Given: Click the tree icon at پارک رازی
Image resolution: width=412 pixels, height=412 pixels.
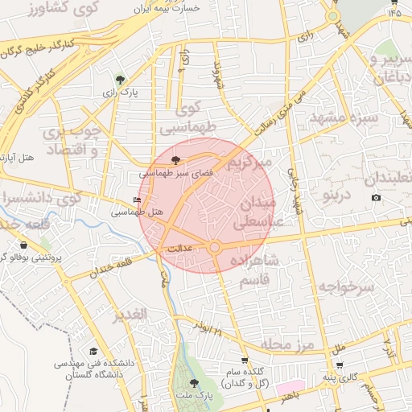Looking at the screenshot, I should [120, 79].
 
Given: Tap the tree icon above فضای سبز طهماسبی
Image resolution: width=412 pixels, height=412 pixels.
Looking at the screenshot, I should [176, 160].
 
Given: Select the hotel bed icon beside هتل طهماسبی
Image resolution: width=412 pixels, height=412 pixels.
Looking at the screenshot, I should [136, 200].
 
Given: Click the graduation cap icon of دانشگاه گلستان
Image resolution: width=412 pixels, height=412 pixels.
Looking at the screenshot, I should [93, 352].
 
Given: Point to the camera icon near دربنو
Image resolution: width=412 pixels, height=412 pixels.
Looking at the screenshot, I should [376, 198].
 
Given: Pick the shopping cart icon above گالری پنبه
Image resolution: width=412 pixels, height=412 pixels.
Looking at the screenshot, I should [340, 365].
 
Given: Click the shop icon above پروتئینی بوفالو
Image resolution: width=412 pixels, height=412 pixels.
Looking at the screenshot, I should [24, 245].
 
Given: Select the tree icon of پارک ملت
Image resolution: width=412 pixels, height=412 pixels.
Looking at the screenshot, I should [193, 383].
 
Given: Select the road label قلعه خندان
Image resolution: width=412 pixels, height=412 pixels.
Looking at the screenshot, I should [101, 271].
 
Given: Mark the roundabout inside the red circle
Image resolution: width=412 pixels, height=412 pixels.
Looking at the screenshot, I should [215, 248].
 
